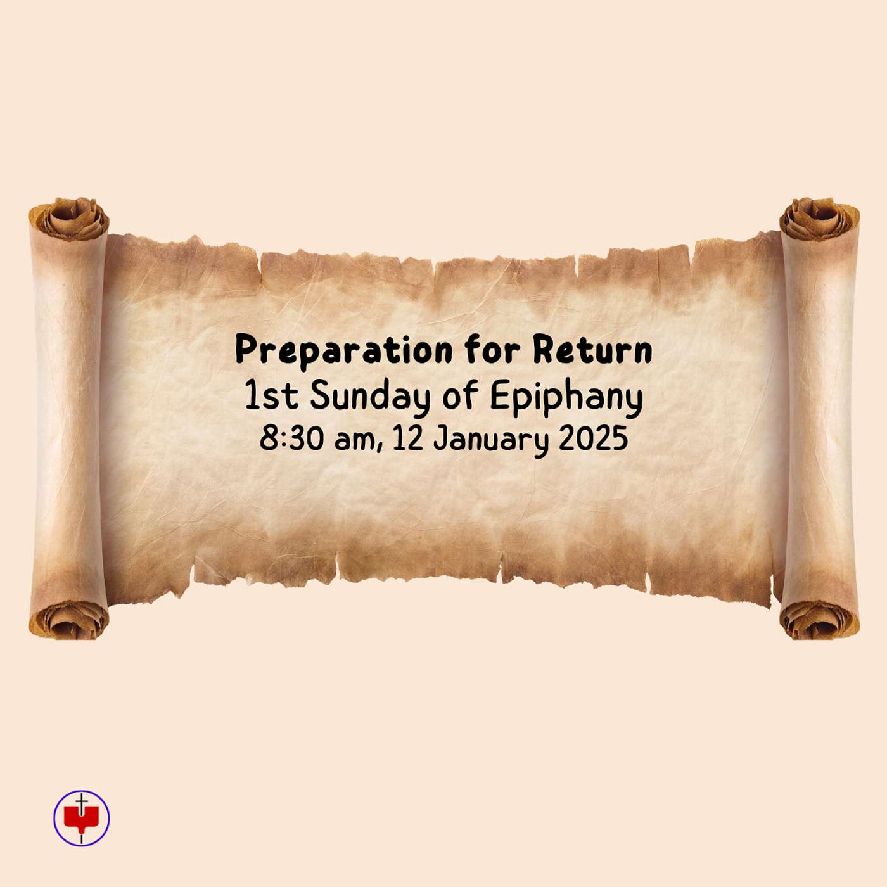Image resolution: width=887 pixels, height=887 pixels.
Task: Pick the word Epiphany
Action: pyautogui.click(x=566, y=399)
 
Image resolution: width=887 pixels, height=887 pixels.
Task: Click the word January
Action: pyautogui.click(x=489, y=440)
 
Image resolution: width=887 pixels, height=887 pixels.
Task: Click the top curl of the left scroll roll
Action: pyautogui.click(x=69, y=219)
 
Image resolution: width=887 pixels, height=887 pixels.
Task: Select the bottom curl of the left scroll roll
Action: pyautogui.click(x=69, y=620)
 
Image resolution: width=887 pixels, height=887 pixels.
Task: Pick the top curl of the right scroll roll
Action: pyautogui.click(x=819, y=219)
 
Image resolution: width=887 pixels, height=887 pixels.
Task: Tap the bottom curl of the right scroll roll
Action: pyautogui.click(x=819, y=620)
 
